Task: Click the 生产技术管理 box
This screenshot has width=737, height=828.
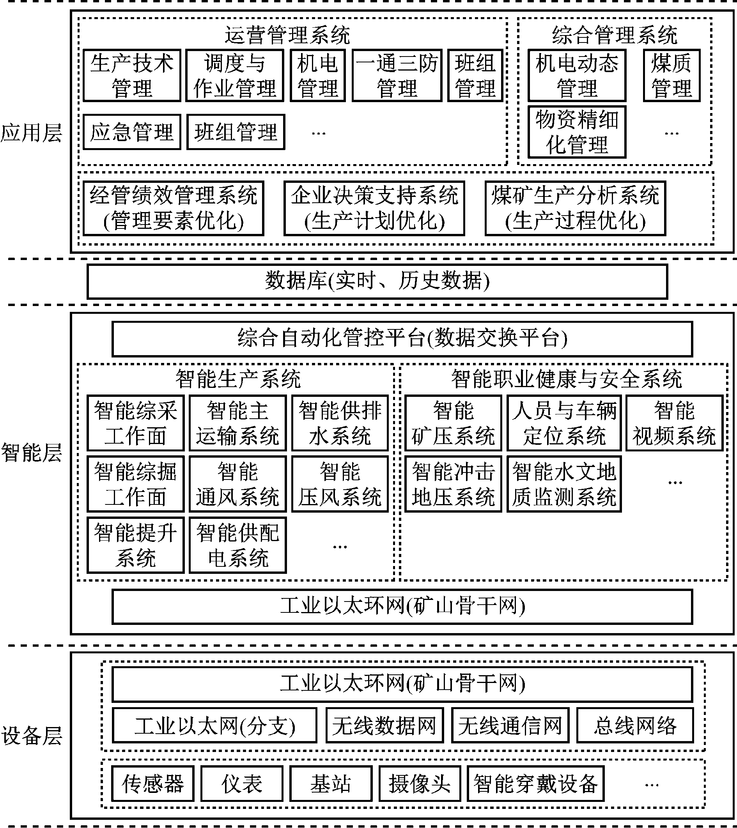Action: point(132,76)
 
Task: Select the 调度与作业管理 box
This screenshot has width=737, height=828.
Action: point(235,76)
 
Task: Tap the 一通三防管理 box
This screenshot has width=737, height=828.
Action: point(397,76)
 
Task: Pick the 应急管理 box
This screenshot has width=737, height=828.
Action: point(132,132)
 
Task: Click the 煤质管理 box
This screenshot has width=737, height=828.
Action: point(671,76)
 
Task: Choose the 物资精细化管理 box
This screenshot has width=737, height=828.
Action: point(577,132)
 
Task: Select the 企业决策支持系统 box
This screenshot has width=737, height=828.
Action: point(374,208)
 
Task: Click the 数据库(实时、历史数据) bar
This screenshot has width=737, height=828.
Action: point(377,281)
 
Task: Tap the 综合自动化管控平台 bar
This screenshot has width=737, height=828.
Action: point(402,339)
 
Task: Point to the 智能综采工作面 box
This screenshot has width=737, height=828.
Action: point(135,423)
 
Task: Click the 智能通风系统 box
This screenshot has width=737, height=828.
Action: point(237,484)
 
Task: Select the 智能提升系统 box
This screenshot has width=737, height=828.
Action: point(135,545)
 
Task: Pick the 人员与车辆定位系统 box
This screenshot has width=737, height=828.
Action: point(563,423)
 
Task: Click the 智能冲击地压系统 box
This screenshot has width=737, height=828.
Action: point(453,484)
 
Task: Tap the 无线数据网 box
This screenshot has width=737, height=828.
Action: point(384,725)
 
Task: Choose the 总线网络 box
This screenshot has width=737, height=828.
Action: point(635,725)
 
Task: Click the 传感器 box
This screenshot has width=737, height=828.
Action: point(153,784)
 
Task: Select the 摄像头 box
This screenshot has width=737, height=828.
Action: point(420,784)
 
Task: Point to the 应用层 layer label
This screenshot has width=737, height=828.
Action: point(31,133)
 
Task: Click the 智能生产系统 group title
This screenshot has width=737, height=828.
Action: point(238,379)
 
